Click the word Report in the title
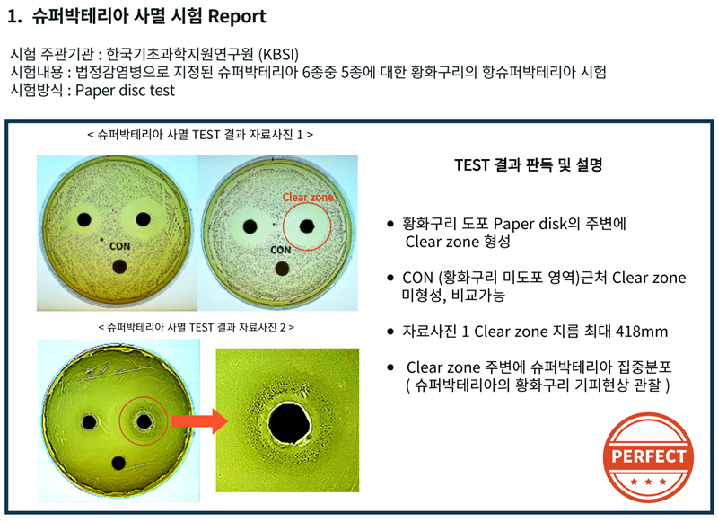(237, 16)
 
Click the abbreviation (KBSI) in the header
(278, 54)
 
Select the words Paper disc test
(125, 90)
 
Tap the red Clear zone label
(308, 197)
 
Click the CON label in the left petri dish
(120, 246)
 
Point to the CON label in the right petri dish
(281, 251)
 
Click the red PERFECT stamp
(648, 456)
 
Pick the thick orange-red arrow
(199, 420)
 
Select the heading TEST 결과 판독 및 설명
(528, 164)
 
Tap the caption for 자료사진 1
(200, 135)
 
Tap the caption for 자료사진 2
(197, 327)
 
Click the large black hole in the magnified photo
(289, 423)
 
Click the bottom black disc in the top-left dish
(119, 266)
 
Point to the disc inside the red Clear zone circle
(306, 226)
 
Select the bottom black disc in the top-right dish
(282, 269)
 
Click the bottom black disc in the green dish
(118, 464)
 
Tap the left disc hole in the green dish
(89, 422)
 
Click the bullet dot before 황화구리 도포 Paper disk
(390, 224)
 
